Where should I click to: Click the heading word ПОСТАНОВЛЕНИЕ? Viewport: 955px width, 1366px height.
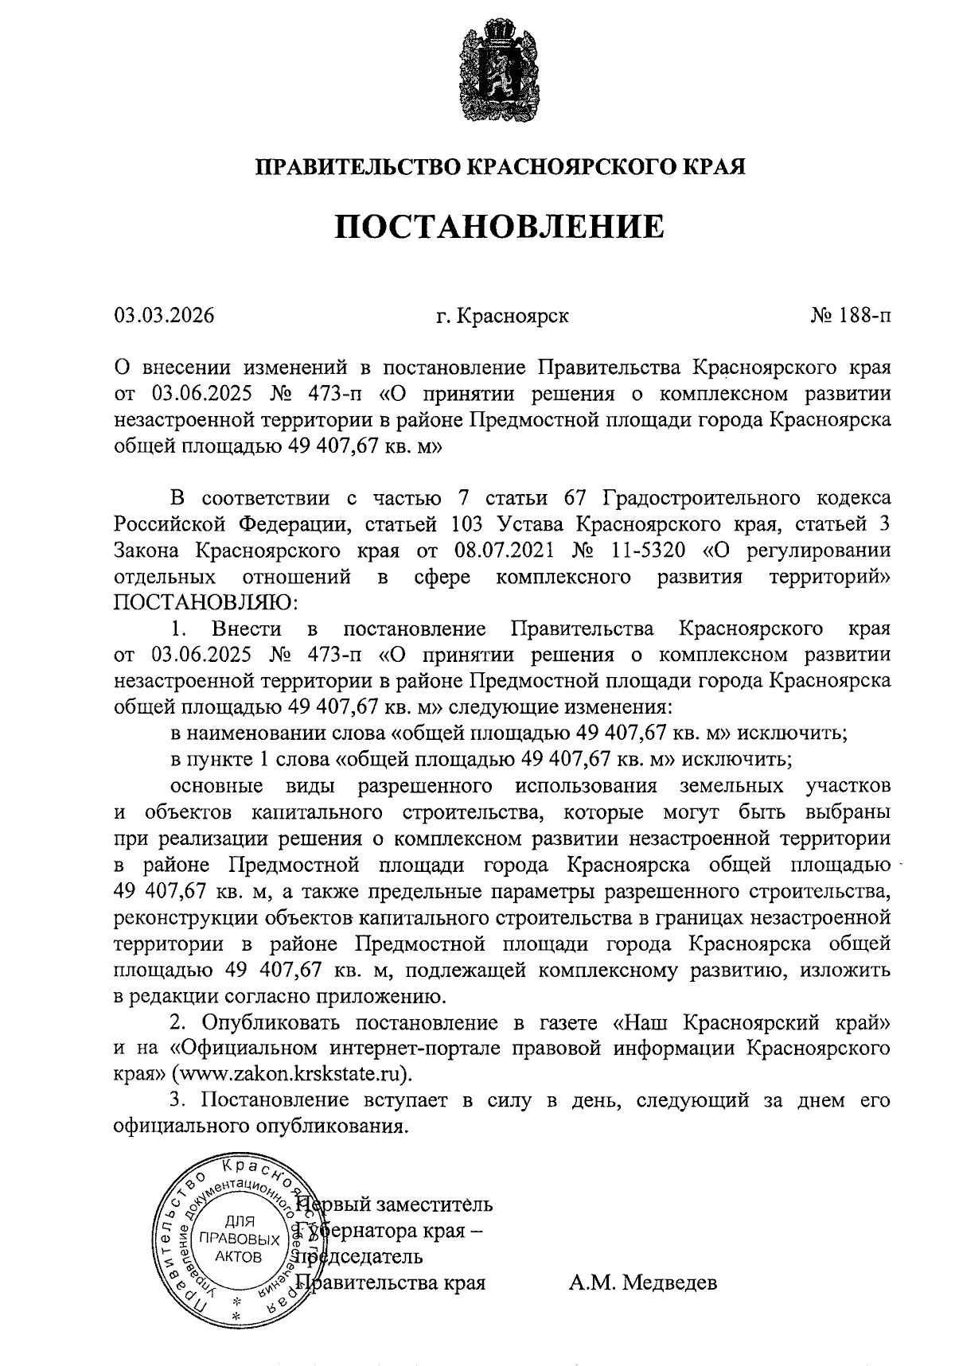[x=499, y=227]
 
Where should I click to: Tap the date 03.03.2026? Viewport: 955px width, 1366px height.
[x=164, y=316]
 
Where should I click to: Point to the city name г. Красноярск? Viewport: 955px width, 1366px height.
[x=502, y=317]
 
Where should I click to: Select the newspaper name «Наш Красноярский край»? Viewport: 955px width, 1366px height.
[x=751, y=1022]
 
